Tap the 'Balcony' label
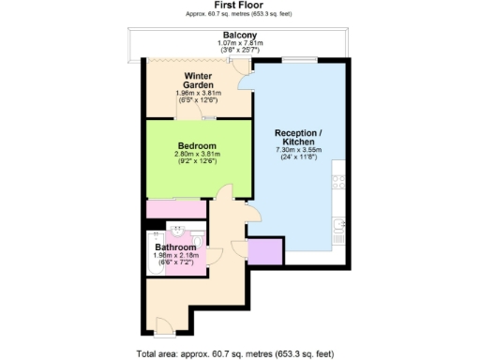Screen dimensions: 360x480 (240, 36)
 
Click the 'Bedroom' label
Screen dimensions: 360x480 (198, 145)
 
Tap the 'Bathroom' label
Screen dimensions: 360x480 (175, 247)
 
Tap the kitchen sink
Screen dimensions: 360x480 (337, 225)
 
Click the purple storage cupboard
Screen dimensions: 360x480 (265, 251)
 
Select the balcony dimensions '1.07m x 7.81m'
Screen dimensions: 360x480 (240, 43)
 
